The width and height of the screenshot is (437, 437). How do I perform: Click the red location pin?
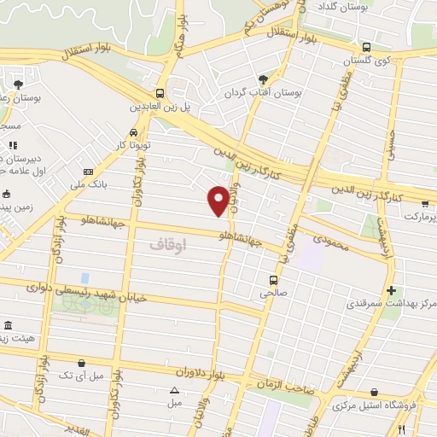219,200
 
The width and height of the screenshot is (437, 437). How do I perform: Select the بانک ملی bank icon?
89,173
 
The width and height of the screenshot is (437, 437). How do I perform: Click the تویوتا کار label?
133,145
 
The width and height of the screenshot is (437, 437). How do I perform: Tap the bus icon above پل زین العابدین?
160,93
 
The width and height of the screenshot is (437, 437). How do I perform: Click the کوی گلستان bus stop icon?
365,48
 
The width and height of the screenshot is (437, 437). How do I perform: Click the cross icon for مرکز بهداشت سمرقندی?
392,290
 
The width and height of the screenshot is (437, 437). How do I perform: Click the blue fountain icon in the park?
84,278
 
